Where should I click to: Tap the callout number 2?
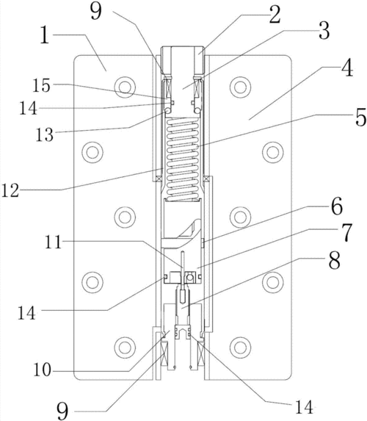(275, 15)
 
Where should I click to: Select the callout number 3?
(324, 31)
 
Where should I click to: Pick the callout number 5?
(360, 118)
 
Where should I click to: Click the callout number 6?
(336, 206)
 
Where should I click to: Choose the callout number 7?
(346, 232)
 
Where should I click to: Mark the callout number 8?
(334, 260)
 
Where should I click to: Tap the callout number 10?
(42, 370)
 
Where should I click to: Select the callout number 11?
(54, 242)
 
